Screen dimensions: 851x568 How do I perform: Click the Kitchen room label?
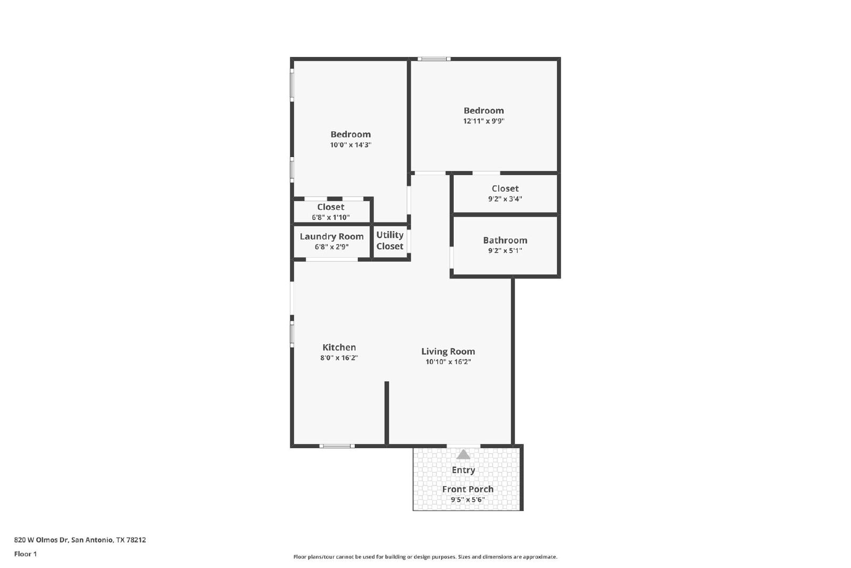pos(339,347)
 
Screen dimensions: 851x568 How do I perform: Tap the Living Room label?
pos(448,351)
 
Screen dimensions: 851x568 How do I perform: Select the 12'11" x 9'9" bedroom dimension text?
pos(483,121)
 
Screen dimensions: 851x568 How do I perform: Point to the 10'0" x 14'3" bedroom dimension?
pos(351,144)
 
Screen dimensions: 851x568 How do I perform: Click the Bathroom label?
pos(505,240)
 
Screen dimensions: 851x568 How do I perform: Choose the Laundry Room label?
pos(332,236)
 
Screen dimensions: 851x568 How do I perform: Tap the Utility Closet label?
pos(390,240)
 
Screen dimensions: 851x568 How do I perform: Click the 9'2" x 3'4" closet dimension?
pos(505,199)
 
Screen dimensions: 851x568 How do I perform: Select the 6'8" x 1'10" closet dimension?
pos(330,217)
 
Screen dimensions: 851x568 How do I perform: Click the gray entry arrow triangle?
pos(463,455)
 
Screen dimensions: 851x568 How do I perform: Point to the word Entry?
pos(463,470)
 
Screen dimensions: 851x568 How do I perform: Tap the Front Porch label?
pos(468,489)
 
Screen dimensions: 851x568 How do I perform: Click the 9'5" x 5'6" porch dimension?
pos(468,499)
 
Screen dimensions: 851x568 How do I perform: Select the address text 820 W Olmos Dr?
pos(41,540)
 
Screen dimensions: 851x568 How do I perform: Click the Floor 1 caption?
pos(26,554)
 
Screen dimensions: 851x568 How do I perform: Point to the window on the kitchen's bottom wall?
pos(337,446)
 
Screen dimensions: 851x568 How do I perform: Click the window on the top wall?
pos(434,59)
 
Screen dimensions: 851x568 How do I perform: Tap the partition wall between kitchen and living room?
pos(387,413)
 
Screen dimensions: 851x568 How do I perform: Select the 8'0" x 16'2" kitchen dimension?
pos(339,358)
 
